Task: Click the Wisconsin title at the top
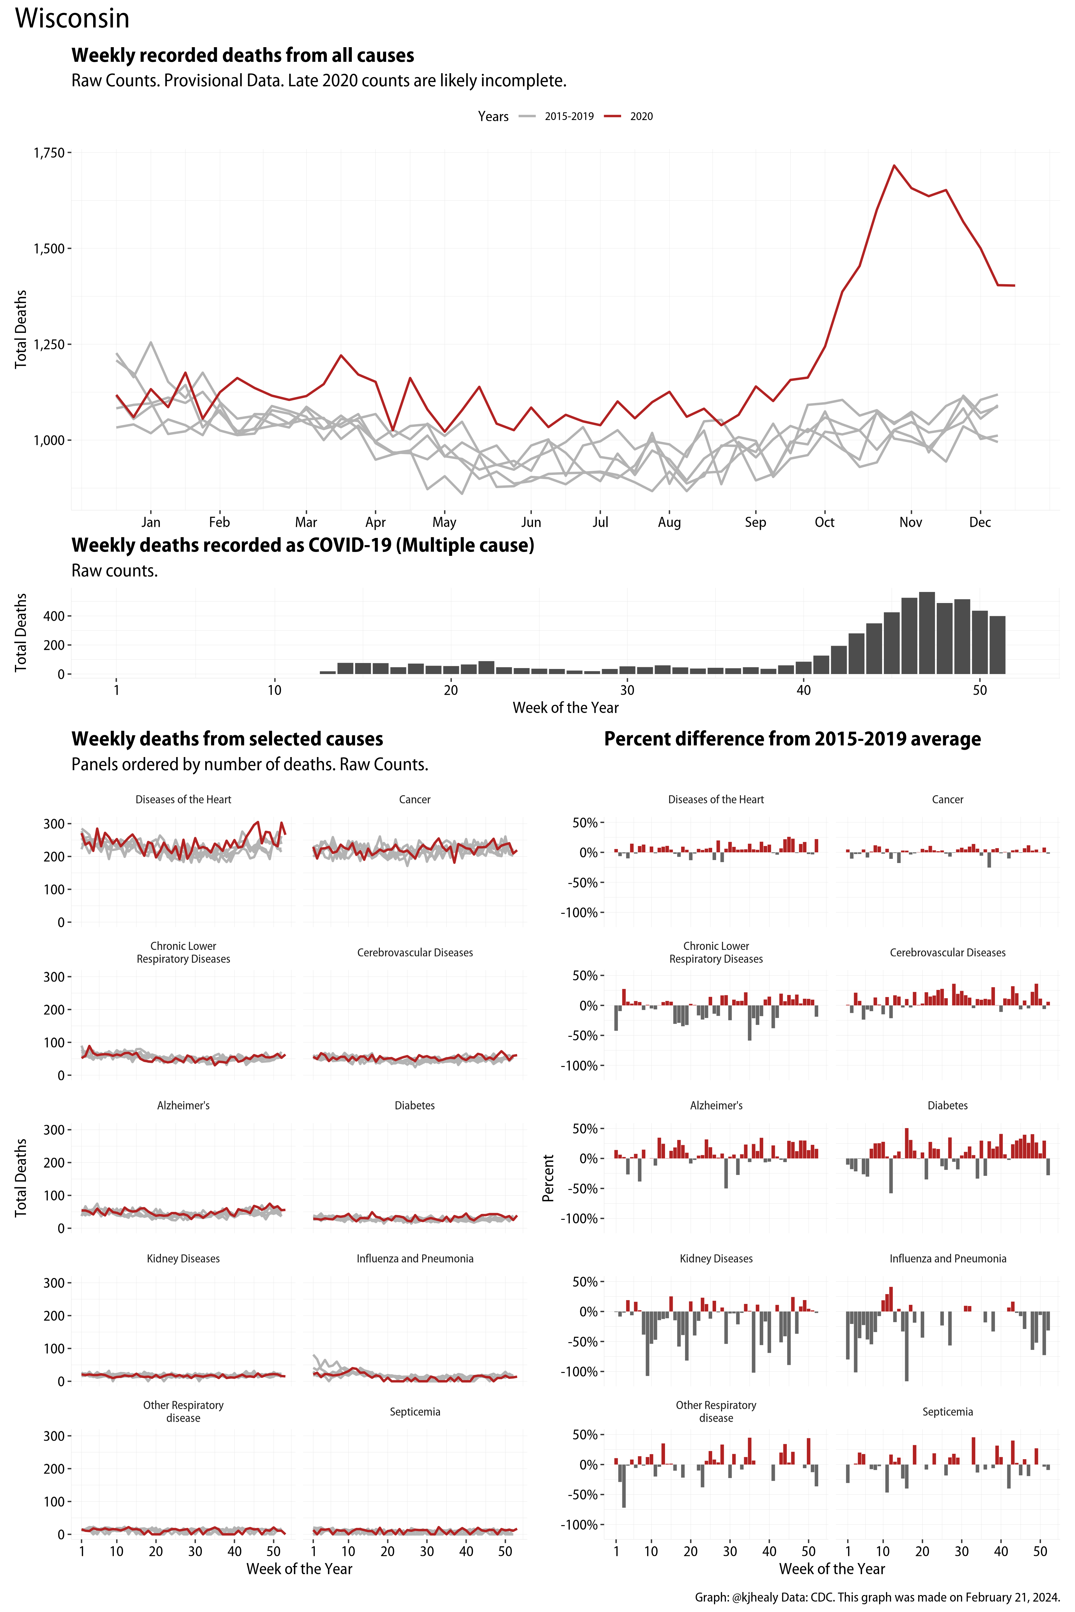pyautogui.click(x=72, y=19)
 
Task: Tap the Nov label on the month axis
pyautogui.click(x=910, y=522)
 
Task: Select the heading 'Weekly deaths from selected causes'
pyautogui.click(x=227, y=739)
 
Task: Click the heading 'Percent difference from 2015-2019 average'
pyautogui.click(x=792, y=739)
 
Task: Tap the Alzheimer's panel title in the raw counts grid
pyautogui.click(x=183, y=1105)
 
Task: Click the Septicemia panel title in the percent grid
pyautogui.click(x=947, y=1412)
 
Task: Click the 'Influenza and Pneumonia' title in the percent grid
pyautogui.click(x=947, y=1258)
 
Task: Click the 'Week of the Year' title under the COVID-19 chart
pyautogui.click(x=566, y=708)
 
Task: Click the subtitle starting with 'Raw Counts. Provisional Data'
pyautogui.click(x=319, y=81)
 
